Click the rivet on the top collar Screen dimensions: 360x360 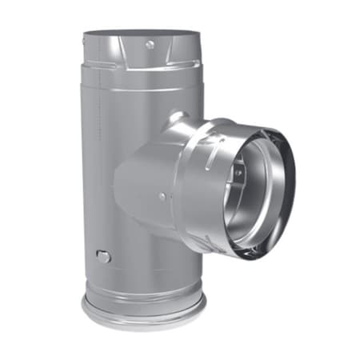point(149,46)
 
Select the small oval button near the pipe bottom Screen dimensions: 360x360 point(102,256)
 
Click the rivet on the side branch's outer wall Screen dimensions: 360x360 point(162,195)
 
